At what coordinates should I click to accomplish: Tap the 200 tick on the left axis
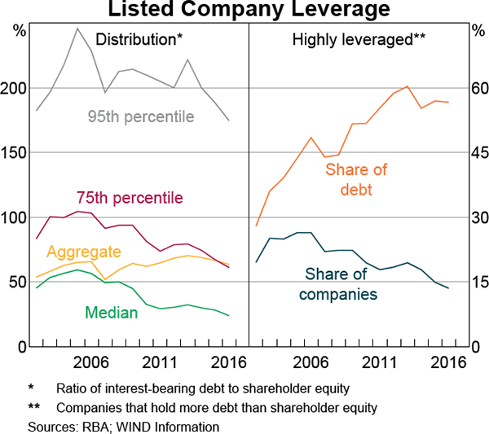pyautogui.click(x=16, y=88)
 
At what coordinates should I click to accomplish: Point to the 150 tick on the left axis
pyautogui.click(x=16, y=152)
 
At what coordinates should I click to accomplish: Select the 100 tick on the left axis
pyautogui.click(x=16, y=217)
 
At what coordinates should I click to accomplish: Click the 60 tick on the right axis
pyautogui.click(x=478, y=88)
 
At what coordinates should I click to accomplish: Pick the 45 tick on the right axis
pyautogui.click(x=478, y=152)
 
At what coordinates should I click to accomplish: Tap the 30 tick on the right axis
pyautogui.click(x=478, y=217)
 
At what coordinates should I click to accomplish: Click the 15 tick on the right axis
pyautogui.click(x=478, y=282)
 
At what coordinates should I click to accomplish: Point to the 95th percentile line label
pyautogui.click(x=141, y=116)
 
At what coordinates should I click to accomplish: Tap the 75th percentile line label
pyautogui.click(x=130, y=198)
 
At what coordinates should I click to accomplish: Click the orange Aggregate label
pyautogui.click(x=85, y=252)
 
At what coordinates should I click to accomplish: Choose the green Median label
pyautogui.click(x=111, y=311)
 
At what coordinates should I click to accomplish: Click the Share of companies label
pyautogui.click(x=341, y=283)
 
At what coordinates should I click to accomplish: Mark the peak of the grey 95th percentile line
pyautogui.click(x=77, y=28)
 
